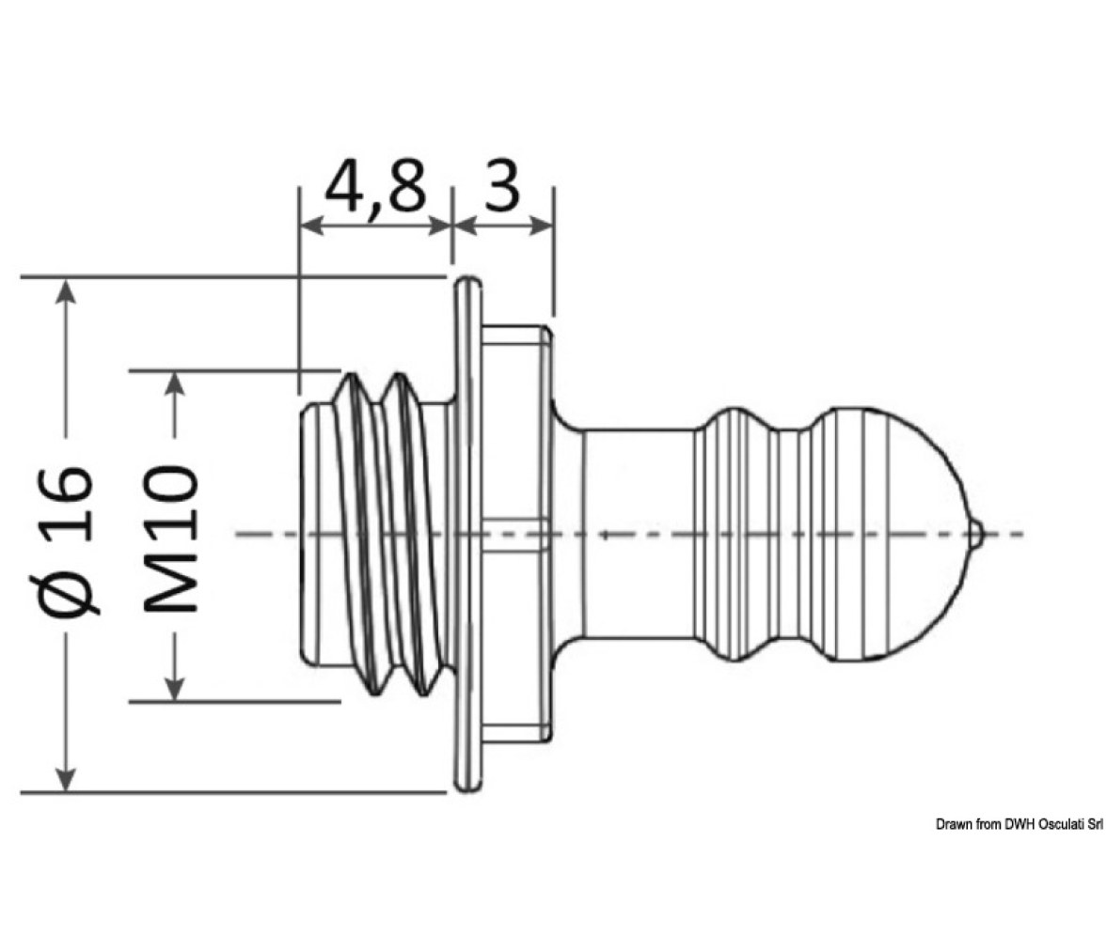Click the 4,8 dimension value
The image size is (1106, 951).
click(x=376, y=187)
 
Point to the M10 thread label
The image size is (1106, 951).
click(x=171, y=538)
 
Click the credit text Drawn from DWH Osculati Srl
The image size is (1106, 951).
click(x=1019, y=824)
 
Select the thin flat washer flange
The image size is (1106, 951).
click(x=467, y=535)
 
